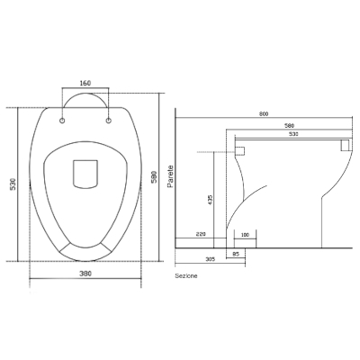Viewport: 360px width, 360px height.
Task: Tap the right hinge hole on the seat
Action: click(x=109, y=118)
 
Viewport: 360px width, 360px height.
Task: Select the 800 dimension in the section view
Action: click(x=263, y=114)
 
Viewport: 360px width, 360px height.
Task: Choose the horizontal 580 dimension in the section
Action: click(x=288, y=125)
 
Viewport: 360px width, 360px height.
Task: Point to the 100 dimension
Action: click(x=245, y=235)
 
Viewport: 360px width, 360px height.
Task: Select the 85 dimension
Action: click(x=235, y=253)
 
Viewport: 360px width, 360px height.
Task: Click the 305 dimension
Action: click(x=210, y=257)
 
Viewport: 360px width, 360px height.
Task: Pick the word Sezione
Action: click(x=186, y=275)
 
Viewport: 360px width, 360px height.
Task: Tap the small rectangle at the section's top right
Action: click(x=343, y=144)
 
